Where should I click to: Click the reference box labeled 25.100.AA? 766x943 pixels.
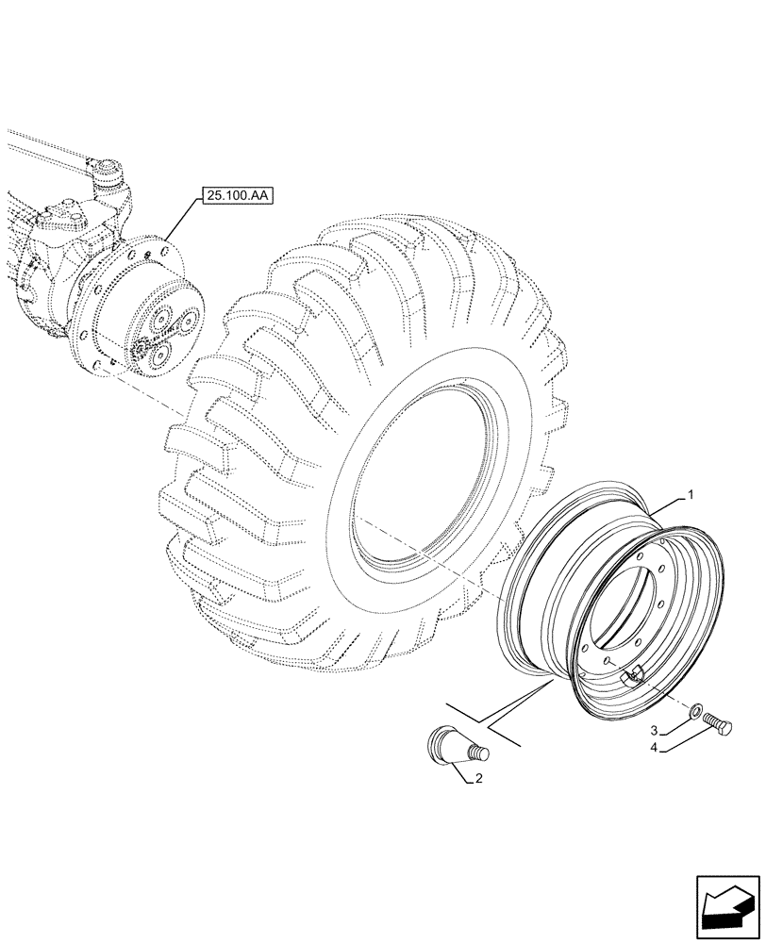click(233, 196)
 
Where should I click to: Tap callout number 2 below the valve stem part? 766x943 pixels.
click(652, 730)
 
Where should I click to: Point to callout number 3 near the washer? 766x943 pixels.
click(652, 750)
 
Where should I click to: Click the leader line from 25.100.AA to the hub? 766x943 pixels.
click(180, 220)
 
